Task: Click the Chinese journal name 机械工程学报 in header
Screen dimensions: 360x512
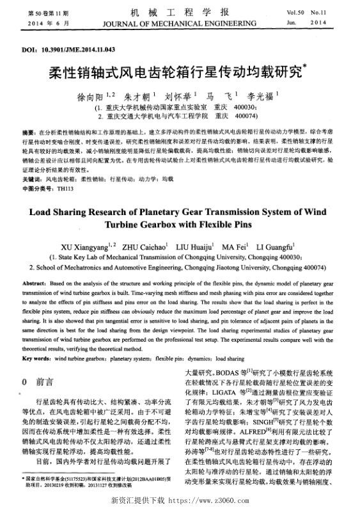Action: point(180,12)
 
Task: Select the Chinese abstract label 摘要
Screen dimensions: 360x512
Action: point(28,130)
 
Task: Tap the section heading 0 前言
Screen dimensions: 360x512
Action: point(41,382)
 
